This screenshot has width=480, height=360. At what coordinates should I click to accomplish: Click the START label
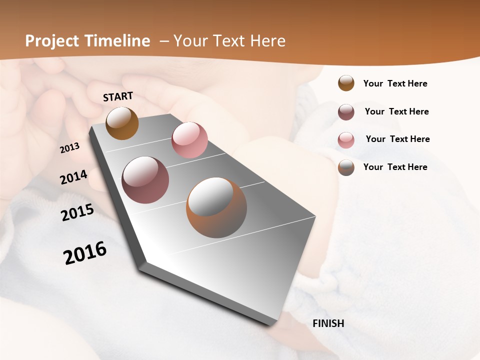pos(118,96)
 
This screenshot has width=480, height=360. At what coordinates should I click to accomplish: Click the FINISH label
pos(328,323)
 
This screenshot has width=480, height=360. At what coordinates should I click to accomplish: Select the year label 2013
pos(70,148)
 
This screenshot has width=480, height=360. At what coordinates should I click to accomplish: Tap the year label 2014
pos(74,177)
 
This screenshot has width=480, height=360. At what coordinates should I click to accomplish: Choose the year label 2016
pos(85,252)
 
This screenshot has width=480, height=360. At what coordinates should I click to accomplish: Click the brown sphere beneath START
pos(122,123)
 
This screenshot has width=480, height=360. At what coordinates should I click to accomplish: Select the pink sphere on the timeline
pos(189,140)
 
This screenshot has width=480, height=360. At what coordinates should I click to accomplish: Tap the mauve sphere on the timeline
pos(145,180)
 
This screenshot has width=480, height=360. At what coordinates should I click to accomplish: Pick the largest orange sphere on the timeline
pos(216,207)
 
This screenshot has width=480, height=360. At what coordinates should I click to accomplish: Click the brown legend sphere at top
pos(346,83)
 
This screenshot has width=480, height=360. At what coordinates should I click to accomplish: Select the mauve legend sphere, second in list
pos(346,112)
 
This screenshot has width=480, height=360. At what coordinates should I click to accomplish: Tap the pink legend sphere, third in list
pos(346,140)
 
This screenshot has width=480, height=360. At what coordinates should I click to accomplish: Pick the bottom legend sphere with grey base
pos(346,167)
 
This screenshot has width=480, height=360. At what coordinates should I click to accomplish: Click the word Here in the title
pos(267,41)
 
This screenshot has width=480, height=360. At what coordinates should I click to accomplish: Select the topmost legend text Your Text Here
pos(395,83)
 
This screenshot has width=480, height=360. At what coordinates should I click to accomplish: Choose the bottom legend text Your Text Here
pos(395,167)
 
